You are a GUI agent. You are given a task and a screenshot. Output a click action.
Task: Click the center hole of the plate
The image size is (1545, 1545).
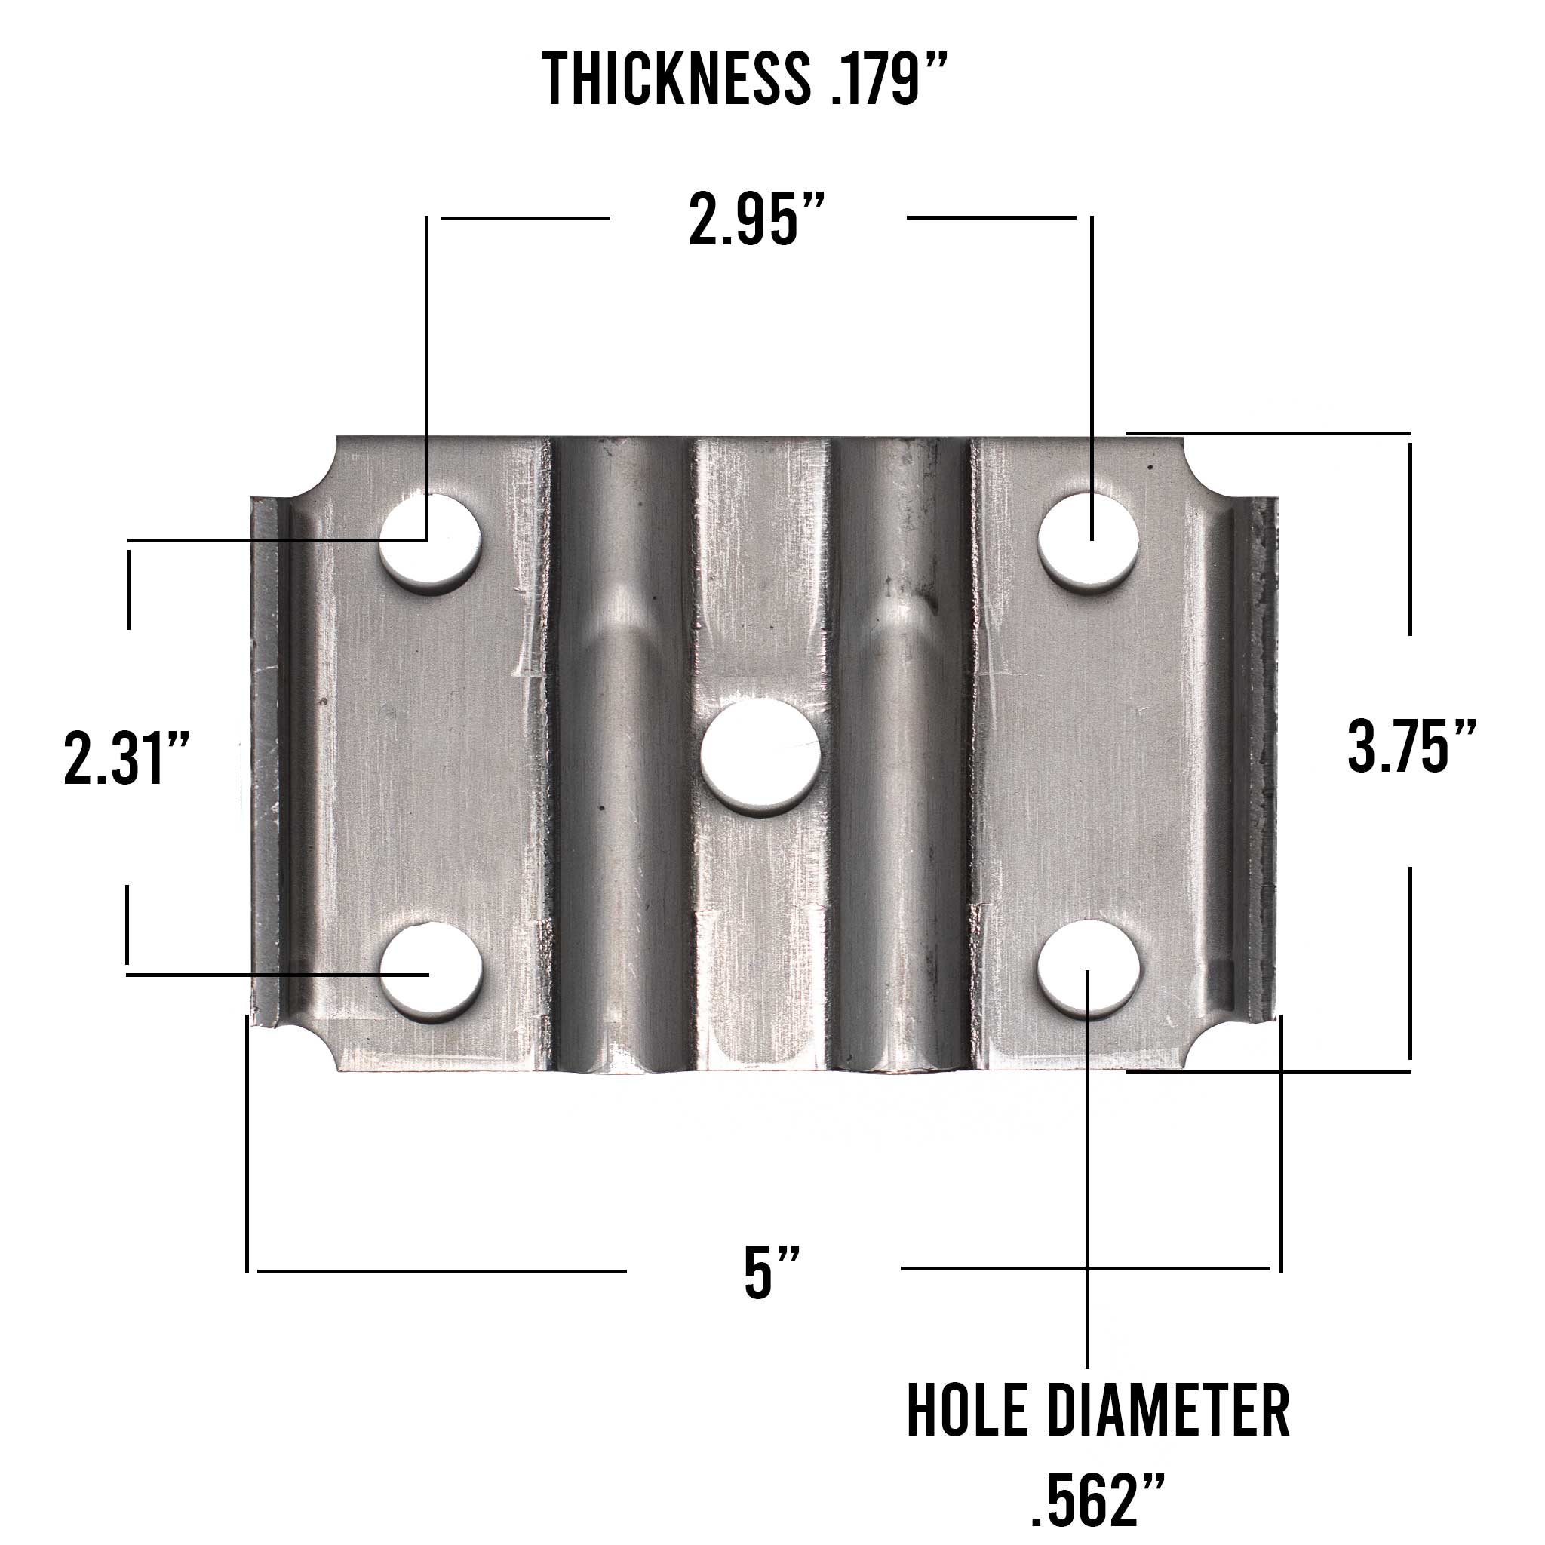click(760, 756)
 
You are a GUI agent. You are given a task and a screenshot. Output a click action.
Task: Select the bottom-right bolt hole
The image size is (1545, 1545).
click(1088, 969)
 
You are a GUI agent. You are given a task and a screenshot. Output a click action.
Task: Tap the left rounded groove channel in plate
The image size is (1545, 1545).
click(620, 800)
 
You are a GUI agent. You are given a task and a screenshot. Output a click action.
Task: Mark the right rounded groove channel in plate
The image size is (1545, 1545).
click(902, 800)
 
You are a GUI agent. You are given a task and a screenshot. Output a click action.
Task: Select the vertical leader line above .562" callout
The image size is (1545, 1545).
click(1087, 1199)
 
